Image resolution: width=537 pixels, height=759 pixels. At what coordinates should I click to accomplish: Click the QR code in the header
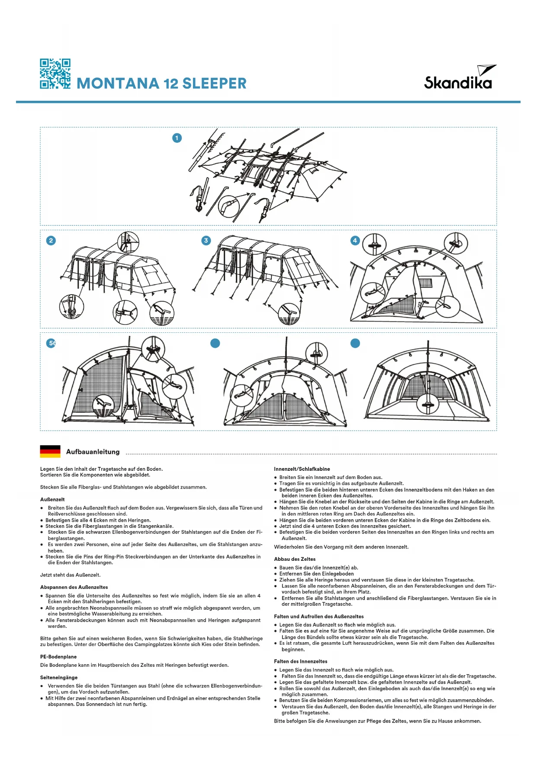[55, 74]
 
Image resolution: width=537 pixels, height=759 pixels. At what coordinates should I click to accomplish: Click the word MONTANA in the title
[117, 84]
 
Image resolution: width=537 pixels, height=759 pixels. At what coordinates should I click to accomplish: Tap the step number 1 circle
[177, 138]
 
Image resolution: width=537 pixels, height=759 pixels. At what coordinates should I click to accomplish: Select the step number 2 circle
[51, 241]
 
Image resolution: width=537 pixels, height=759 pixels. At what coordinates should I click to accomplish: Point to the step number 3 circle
[206, 241]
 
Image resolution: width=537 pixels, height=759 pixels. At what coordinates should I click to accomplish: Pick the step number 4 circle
[355, 241]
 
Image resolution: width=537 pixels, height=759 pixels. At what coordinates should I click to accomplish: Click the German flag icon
[50, 451]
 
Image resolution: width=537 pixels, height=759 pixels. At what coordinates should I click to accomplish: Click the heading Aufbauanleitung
[93, 452]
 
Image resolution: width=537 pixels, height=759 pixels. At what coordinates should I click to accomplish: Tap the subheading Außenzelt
[52, 499]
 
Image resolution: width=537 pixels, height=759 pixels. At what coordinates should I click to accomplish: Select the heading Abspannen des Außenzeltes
[74, 587]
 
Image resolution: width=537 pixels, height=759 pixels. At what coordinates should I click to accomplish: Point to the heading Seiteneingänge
[59, 678]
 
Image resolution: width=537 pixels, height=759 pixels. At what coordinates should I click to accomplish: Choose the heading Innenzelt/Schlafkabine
[302, 469]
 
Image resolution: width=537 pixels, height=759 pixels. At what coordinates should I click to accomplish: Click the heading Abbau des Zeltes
[295, 559]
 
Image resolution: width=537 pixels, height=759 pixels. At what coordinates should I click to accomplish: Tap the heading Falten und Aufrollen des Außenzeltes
[318, 617]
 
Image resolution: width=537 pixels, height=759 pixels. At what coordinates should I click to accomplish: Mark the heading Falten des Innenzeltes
[300, 662]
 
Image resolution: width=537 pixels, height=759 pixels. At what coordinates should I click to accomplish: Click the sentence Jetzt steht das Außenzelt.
[70, 575]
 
